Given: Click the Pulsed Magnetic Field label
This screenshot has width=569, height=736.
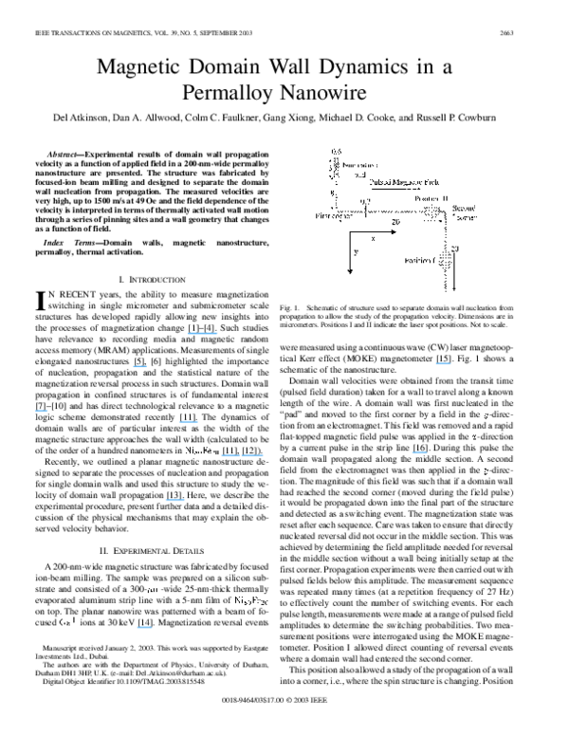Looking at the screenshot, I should (x=410, y=182).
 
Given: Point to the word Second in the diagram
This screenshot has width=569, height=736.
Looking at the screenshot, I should (x=464, y=207).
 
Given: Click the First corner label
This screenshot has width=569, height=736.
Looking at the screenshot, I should (x=334, y=216).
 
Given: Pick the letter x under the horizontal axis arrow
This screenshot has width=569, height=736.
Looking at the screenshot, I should (x=373, y=239).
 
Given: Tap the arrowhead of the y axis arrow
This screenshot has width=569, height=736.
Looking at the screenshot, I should (x=350, y=271).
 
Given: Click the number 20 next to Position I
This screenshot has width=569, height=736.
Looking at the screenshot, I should (x=454, y=248).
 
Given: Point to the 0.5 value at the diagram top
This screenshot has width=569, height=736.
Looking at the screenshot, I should (x=336, y=152).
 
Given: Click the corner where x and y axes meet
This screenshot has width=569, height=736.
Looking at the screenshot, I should (x=350, y=230).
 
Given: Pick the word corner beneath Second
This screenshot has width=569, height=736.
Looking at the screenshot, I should (x=464, y=216).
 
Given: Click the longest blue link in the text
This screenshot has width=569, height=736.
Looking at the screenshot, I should (x=242, y=455).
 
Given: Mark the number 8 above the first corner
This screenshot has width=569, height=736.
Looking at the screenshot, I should (x=332, y=193).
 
